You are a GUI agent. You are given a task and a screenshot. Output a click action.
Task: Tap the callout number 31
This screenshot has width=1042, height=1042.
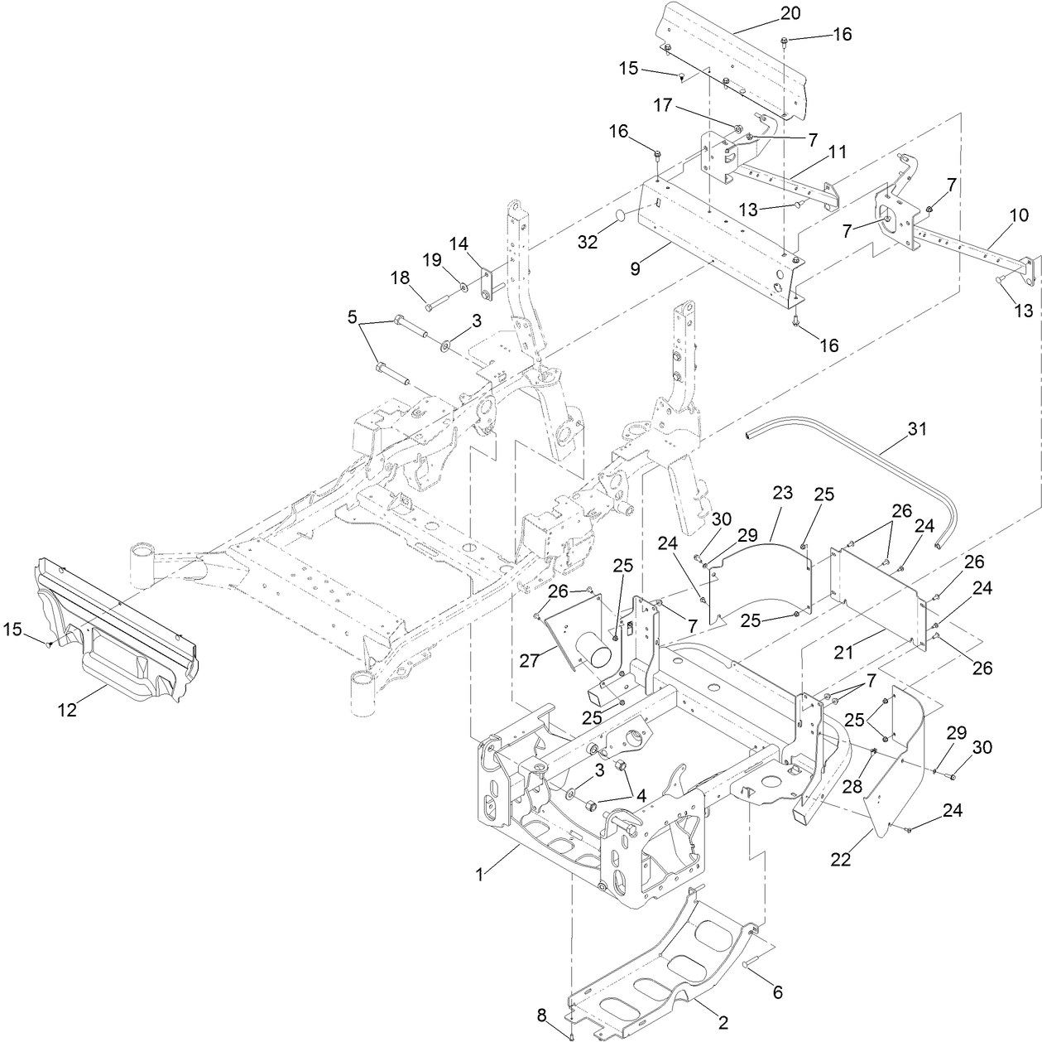[917, 429]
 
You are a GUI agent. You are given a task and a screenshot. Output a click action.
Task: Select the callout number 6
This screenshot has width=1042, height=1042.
[777, 991]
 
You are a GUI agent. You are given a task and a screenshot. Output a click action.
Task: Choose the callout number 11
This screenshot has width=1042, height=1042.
[837, 152]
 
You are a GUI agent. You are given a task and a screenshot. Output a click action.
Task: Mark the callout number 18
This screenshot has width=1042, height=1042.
[401, 277]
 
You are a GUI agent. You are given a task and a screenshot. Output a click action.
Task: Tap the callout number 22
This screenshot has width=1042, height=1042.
[840, 860]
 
